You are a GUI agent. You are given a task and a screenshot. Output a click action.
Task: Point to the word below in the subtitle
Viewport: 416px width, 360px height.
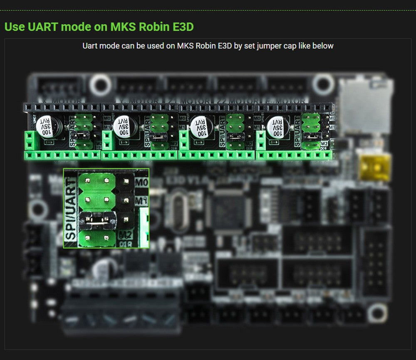[x=323, y=46]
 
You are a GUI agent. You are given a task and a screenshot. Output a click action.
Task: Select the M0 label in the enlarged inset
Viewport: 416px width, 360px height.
[x=141, y=182]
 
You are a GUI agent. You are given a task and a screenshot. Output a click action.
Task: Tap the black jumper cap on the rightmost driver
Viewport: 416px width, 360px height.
[x=311, y=135]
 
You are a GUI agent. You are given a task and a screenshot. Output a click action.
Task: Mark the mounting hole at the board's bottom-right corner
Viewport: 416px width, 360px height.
[x=377, y=313]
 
